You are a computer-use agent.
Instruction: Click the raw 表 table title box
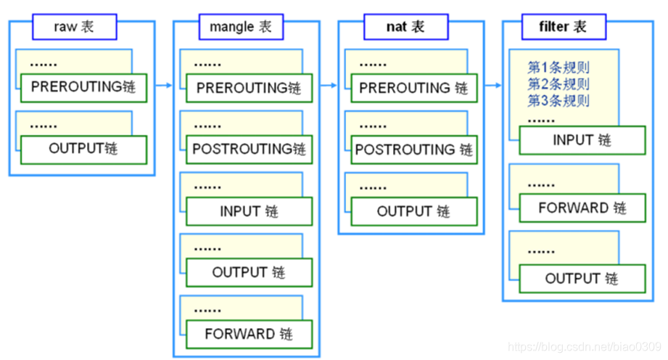(x=74, y=28)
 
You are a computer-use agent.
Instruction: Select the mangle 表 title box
(x=240, y=28)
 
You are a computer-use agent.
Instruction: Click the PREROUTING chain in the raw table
(x=83, y=87)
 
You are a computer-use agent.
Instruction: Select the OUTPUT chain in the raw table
(x=83, y=149)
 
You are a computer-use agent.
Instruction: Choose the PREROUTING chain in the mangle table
(x=249, y=89)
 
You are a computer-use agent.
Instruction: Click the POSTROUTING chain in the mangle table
(x=249, y=150)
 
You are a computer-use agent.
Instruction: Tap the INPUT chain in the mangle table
(x=249, y=211)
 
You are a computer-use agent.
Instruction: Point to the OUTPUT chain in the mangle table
(x=249, y=273)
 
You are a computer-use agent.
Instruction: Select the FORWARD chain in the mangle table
(x=249, y=335)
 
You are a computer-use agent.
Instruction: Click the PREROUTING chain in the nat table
(x=413, y=88)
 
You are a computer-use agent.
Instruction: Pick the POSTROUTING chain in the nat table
(x=413, y=150)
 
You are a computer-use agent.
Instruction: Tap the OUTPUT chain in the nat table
(x=413, y=211)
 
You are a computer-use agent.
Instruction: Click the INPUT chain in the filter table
(x=582, y=140)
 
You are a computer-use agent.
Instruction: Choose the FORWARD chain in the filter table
(x=582, y=208)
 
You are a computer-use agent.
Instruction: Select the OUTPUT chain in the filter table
(x=582, y=279)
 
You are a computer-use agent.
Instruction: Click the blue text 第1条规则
(x=558, y=68)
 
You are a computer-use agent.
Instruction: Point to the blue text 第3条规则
(x=558, y=100)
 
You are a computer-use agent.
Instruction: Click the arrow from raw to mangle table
(x=163, y=86)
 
